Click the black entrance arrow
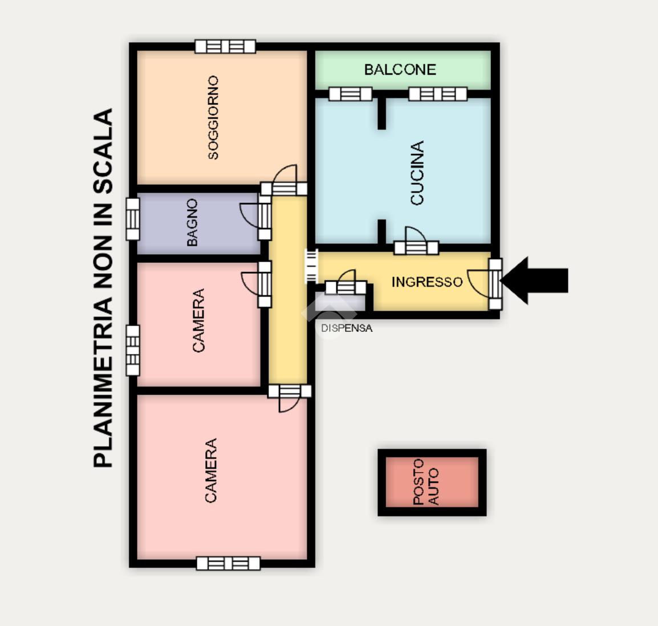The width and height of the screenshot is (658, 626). [x=534, y=281]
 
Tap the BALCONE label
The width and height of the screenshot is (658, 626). [x=400, y=70]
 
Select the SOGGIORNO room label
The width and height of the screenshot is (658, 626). [x=214, y=117]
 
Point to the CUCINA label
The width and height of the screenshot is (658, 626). [x=417, y=172]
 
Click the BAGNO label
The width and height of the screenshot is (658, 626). [x=192, y=222]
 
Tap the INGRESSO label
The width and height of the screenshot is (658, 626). [x=427, y=282]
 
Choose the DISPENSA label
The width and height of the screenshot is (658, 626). [x=347, y=328]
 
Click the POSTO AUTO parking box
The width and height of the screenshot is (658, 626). [x=432, y=482]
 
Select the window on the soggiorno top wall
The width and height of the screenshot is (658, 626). [x=225, y=46]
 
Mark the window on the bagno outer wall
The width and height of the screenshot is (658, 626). [x=133, y=219]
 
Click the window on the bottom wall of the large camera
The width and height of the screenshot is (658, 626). [x=228, y=563]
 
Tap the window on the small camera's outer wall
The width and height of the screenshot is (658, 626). [x=133, y=350]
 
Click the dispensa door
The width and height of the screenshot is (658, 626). [x=346, y=283]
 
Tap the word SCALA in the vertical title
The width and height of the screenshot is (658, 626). [x=103, y=151]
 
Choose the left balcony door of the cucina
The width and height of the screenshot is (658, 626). [x=351, y=94]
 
